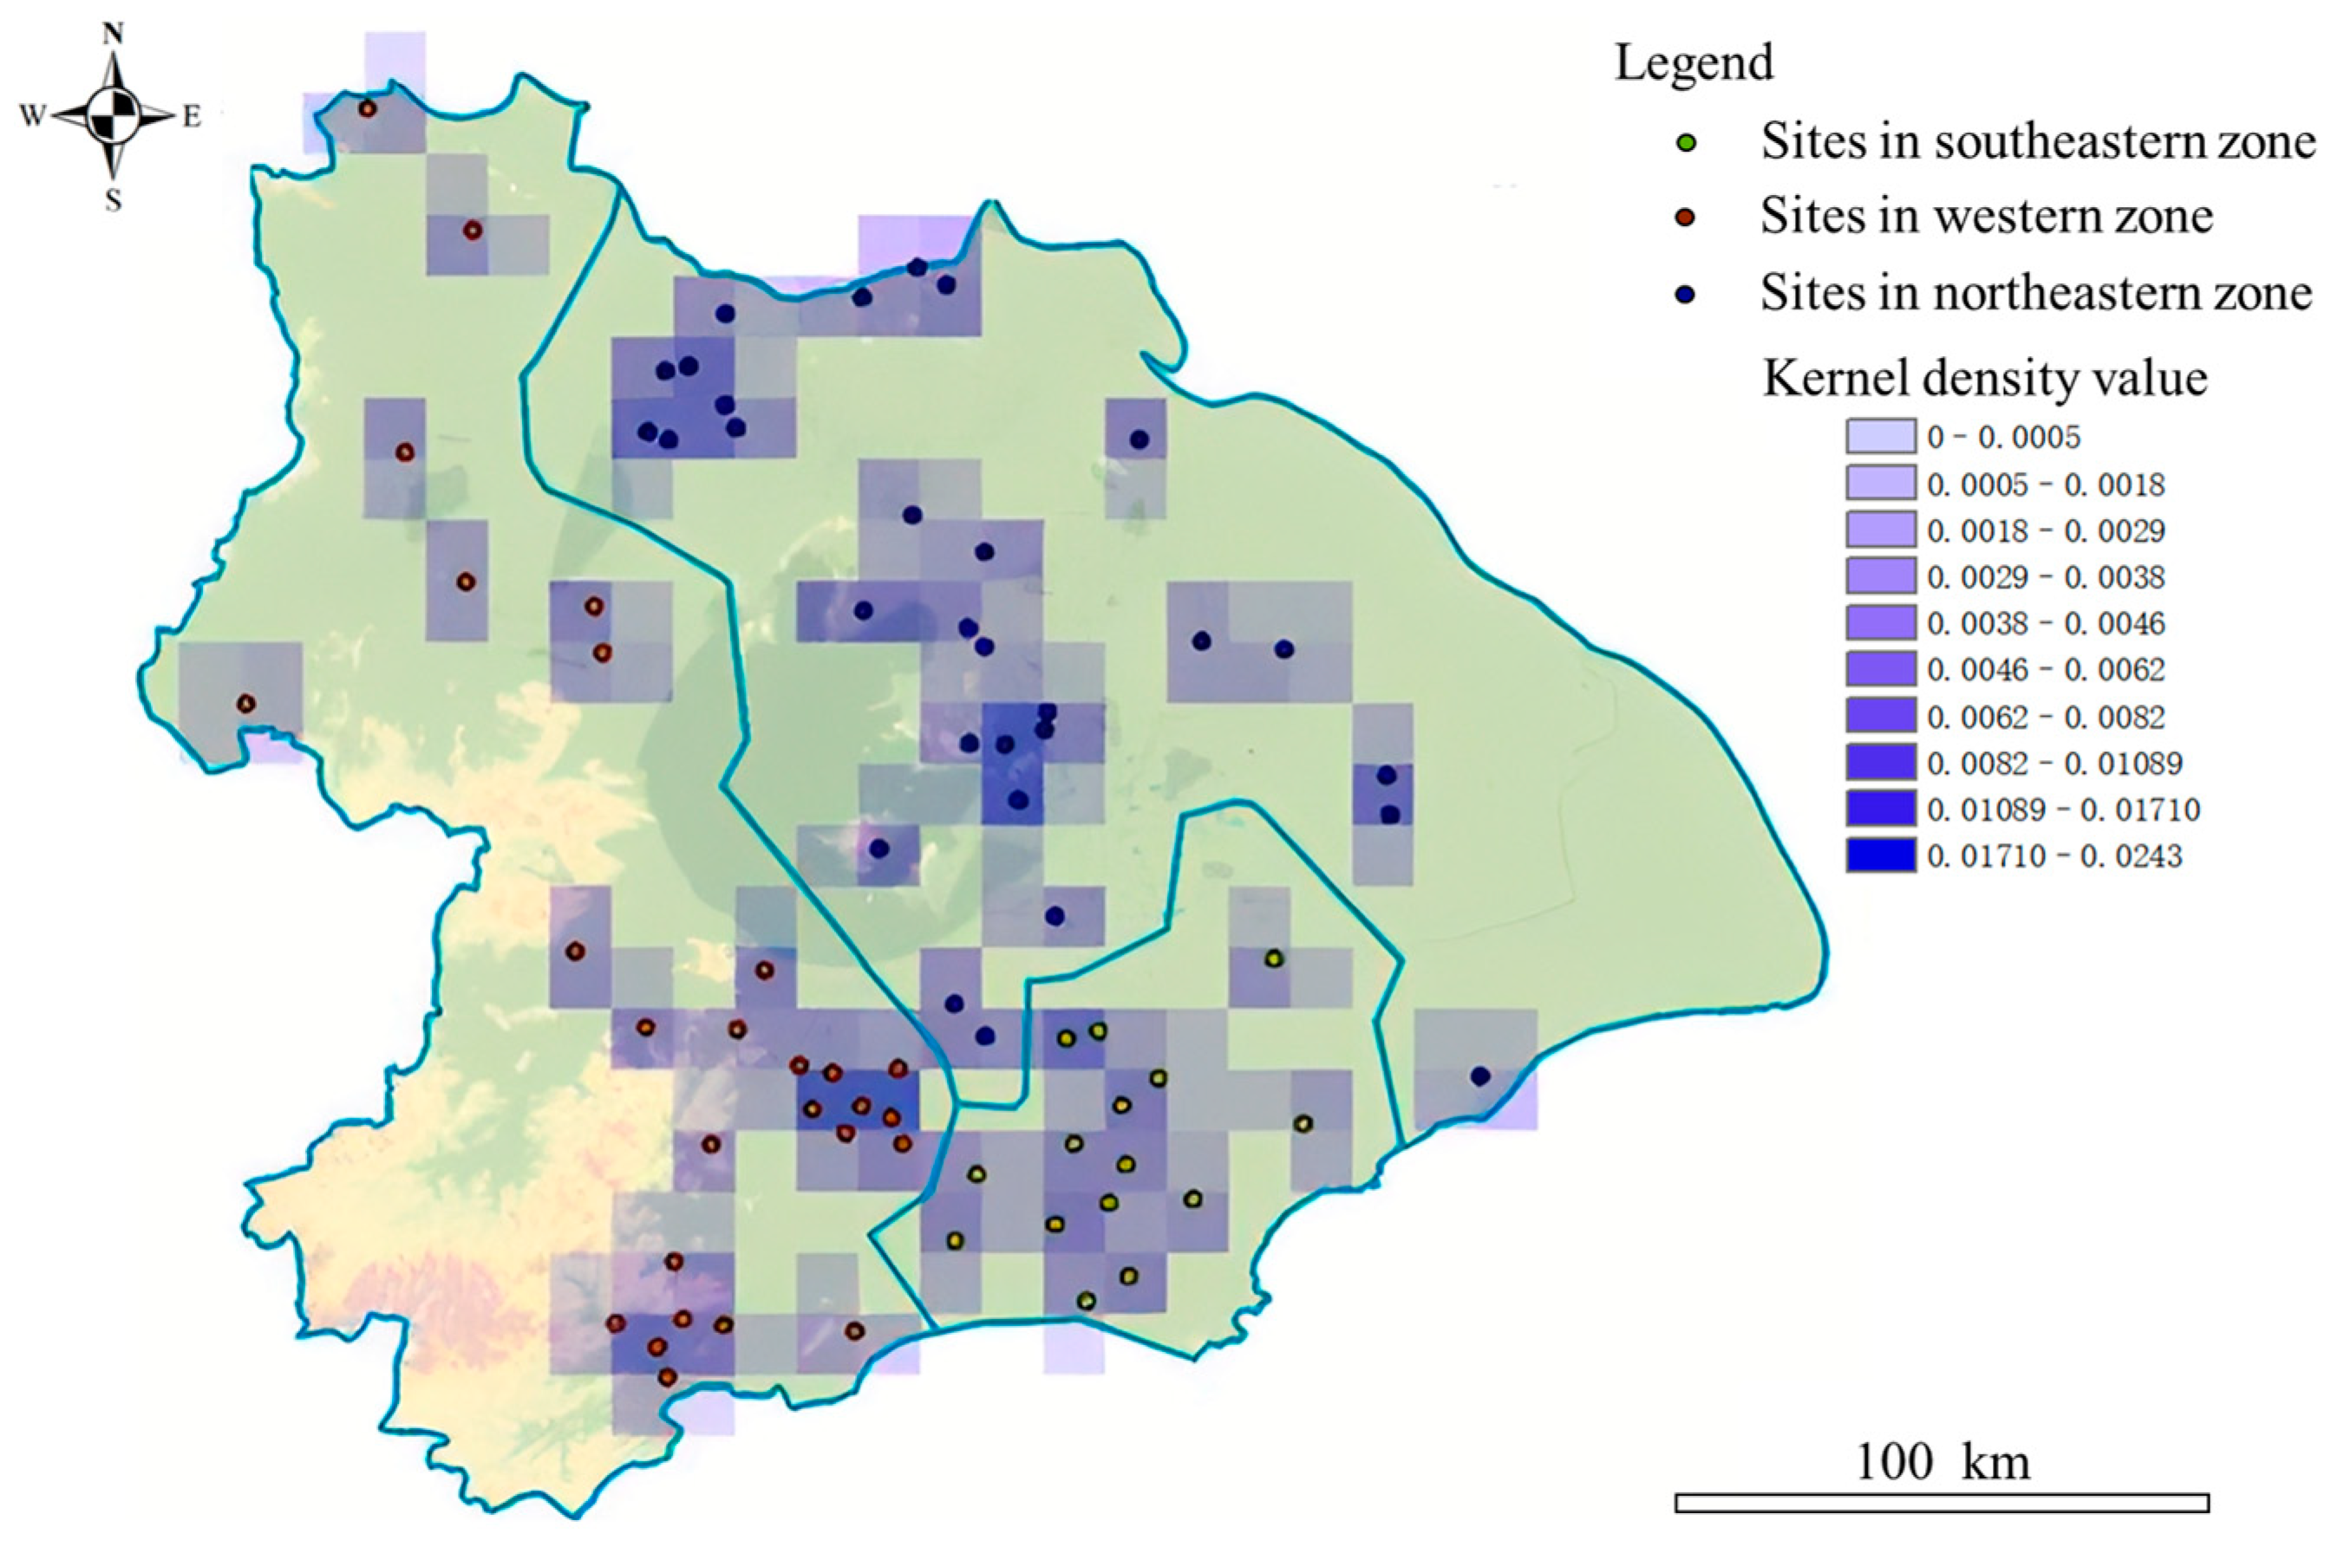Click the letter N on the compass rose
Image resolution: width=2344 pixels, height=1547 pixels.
click(x=114, y=36)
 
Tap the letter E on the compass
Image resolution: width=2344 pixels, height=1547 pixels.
click(x=192, y=117)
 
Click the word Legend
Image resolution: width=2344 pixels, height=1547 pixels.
click(x=1694, y=63)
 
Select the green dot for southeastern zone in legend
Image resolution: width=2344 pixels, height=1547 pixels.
click(x=1686, y=142)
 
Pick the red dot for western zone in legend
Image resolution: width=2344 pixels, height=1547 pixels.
click(x=1686, y=217)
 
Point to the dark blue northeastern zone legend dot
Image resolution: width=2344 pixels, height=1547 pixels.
click(x=1686, y=294)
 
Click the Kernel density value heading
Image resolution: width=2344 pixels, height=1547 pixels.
click(x=1984, y=378)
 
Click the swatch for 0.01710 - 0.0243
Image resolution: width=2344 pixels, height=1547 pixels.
click(x=1880, y=855)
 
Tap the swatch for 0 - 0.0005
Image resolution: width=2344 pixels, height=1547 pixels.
click(x=1880, y=437)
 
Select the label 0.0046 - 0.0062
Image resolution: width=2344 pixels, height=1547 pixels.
click(x=2046, y=670)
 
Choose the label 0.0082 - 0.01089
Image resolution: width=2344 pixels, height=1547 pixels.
click(x=2055, y=763)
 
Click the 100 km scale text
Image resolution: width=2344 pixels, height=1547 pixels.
click(x=1942, y=1461)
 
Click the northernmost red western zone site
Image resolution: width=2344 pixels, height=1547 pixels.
click(x=367, y=109)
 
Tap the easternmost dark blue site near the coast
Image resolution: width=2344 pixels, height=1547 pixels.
click(x=1479, y=1076)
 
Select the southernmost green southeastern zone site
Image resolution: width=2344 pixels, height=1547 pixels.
click(x=1086, y=1300)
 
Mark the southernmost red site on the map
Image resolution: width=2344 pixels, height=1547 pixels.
click(x=667, y=1376)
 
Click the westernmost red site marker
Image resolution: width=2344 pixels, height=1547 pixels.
click(x=245, y=704)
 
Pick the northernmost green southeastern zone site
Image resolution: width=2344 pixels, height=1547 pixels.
click(x=1273, y=958)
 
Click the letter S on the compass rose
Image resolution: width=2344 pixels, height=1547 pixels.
click(x=114, y=201)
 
